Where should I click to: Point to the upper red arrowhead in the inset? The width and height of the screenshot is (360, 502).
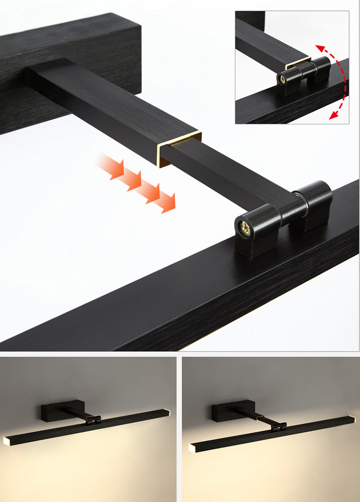tap(320, 49)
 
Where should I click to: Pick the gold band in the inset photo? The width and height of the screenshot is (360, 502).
tap(298, 64)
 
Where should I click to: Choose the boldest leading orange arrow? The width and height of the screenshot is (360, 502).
tap(165, 202)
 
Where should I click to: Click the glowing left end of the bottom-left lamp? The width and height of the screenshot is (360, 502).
tap(8, 440)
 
